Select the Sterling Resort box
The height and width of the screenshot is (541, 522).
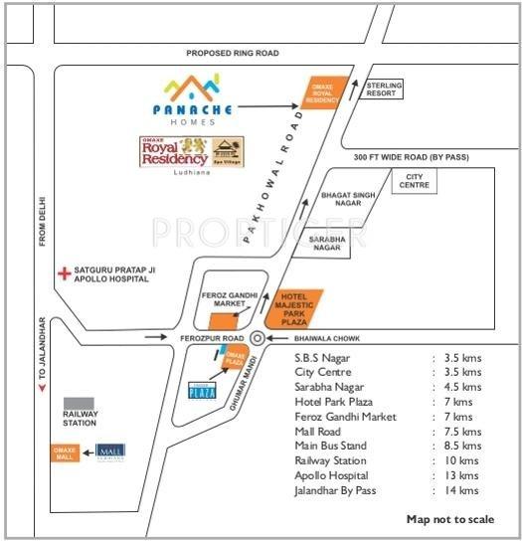point(383,90)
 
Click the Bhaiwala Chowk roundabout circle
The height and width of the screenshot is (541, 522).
point(258,338)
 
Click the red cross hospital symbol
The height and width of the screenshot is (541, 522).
point(66,271)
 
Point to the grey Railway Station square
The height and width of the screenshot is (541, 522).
point(80,403)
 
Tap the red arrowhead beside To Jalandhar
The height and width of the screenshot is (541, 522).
point(40,388)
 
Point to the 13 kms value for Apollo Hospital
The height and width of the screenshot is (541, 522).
point(461,476)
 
